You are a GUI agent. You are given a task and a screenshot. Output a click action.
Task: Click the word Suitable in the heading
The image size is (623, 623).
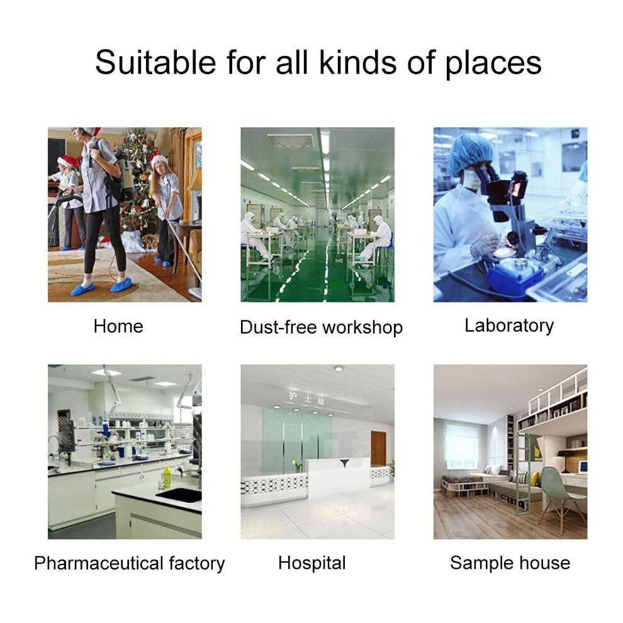click(x=155, y=62)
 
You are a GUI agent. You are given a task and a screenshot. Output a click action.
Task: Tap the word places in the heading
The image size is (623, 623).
click(x=493, y=64)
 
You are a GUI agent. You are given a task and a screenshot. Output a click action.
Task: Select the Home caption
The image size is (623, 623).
click(x=118, y=327)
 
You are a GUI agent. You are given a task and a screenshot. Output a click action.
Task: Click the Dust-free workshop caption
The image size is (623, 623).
click(x=322, y=327)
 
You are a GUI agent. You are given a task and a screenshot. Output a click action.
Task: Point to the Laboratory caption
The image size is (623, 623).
click(x=509, y=326)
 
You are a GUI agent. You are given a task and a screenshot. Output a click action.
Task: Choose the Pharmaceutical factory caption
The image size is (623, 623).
click(x=130, y=563)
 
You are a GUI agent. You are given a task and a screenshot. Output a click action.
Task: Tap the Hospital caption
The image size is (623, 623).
click(x=312, y=563)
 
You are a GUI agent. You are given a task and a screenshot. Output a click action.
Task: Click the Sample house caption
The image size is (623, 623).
click(x=510, y=563)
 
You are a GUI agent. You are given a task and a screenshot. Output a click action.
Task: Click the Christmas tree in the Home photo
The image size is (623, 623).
click(x=139, y=182)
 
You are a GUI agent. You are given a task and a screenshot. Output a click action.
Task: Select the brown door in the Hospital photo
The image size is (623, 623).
click(x=378, y=449)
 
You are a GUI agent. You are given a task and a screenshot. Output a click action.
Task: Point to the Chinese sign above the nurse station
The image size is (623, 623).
click(x=306, y=398)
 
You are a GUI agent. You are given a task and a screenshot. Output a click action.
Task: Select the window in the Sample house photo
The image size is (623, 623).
click(x=463, y=446)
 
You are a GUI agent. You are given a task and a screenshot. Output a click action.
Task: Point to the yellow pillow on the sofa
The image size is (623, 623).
click(x=534, y=478)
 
